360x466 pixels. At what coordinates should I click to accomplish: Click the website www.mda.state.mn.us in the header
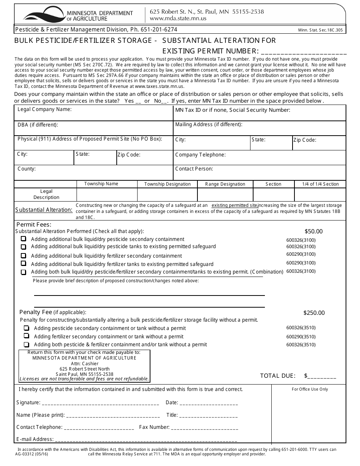(x=178, y=19)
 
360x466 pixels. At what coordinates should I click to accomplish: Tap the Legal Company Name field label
(x=44, y=109)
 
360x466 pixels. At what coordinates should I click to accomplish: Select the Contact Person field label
(x=194, y=169)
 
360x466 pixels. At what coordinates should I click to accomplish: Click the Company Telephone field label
(x=200, y=155)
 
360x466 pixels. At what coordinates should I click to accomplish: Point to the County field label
(x=26, y=169)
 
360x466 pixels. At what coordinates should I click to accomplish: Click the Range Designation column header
(x=225, y=184)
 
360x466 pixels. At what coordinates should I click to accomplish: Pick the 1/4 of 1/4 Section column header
(x=320, y=184)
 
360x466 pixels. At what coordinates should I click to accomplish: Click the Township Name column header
(x=101, y=184)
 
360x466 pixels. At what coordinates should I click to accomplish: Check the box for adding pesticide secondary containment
(x=23, y=239)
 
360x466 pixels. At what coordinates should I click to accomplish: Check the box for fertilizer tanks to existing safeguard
(x=23, y=264)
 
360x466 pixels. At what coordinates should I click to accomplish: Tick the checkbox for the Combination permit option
(x=23, y=272)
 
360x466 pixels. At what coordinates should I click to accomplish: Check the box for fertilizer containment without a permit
(x=27, y=336)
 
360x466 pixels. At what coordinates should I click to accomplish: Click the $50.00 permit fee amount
(x=313, y=231)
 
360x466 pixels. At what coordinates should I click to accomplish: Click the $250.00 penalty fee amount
(x=314, y=313)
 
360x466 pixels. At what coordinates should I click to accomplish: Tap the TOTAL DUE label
(x=277, y=376)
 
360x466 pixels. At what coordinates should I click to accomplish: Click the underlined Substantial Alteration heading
(x=44, y=210)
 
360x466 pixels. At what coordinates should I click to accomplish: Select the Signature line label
(x=28, y=403)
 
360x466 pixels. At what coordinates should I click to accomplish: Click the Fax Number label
(x=154, y=427)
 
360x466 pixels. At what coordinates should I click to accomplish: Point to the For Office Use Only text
(x=310, y=389)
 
